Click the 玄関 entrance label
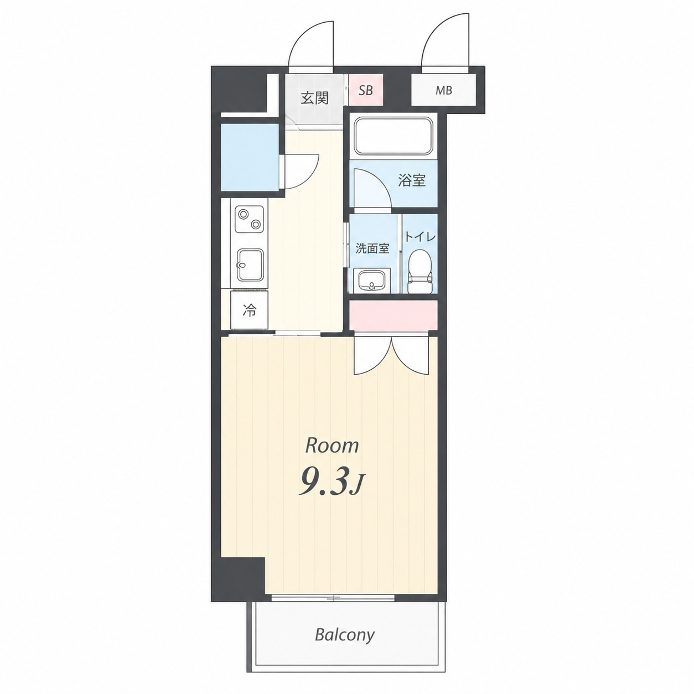[x=315, y=98]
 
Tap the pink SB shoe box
[x=366, y=90]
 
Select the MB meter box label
[x=444, y=90]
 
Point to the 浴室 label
[x=412, y=180]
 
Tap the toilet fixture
[x=419, y=271]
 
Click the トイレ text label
[x=420, y=237]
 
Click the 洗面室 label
[x=372, y=248]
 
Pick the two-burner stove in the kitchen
[x=248, y=219]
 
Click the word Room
[x=332, y=446]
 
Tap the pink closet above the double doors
[x=393, y=315]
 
